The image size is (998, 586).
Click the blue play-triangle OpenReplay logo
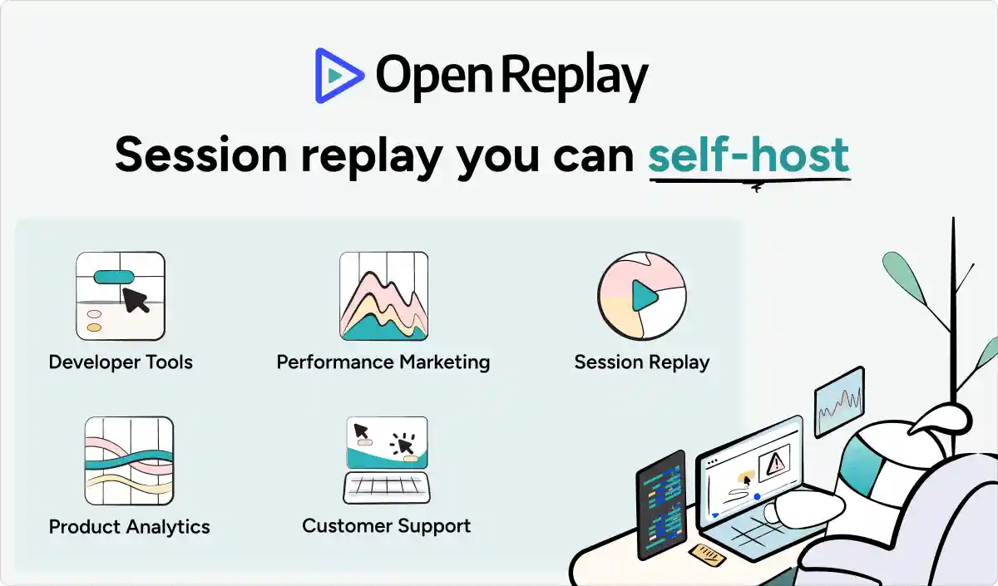point(338,76)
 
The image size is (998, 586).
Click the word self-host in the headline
point(749,155)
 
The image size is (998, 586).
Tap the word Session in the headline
point(201,155)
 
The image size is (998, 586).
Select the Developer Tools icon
point(121,296)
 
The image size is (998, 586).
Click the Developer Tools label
point(121,362)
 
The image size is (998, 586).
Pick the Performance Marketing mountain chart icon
point(383,296)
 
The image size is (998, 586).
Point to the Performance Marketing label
point(383,362)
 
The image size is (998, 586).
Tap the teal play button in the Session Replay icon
point(645,296)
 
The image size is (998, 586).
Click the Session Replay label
point(642,362)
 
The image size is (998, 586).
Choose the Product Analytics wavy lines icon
point(129,460)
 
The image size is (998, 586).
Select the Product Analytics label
point(129,527)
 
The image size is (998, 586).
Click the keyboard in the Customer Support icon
point(387,488)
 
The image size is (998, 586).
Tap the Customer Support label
point(386,526)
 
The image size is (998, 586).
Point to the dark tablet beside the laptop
point(662,505)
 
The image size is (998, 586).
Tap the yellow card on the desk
point(707,555)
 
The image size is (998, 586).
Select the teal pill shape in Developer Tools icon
point(114,277)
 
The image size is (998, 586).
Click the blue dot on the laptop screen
point(757,496)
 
